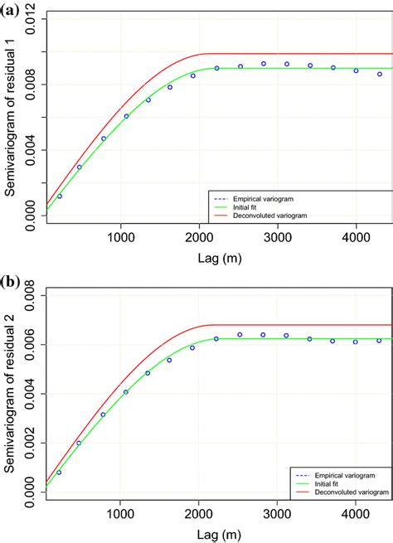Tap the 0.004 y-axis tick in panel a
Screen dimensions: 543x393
[31, 150]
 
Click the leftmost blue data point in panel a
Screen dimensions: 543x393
[59, 196]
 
